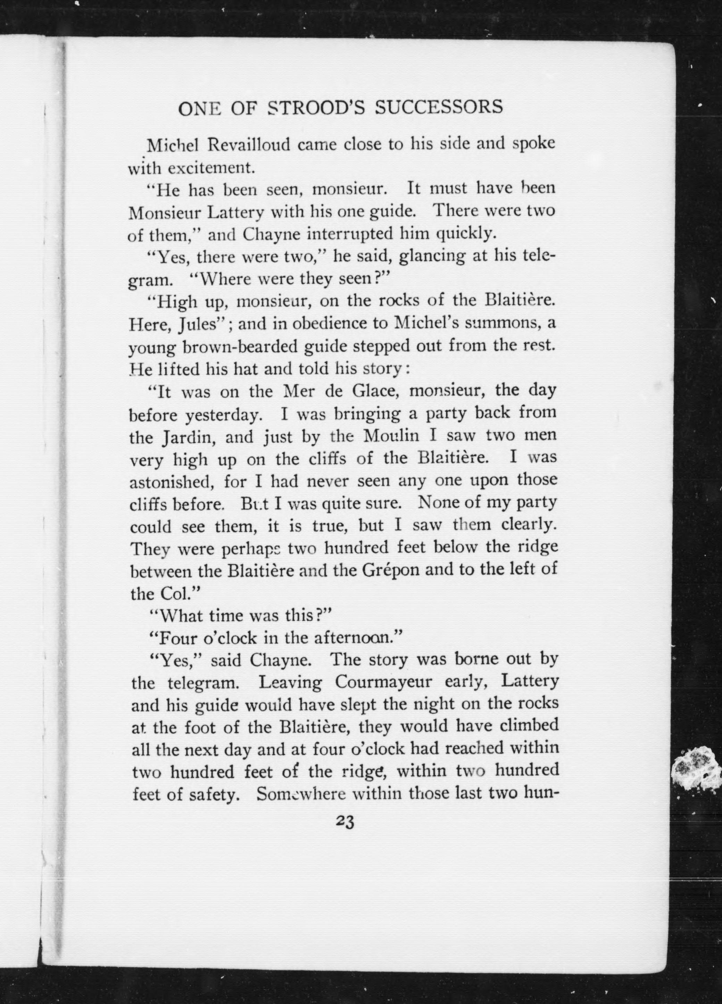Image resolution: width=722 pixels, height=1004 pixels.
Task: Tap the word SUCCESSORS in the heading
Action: pyautogui.click(x=439, y=108)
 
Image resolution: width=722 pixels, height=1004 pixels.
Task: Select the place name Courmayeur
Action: pyautogui.click(x=383, y=682)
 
